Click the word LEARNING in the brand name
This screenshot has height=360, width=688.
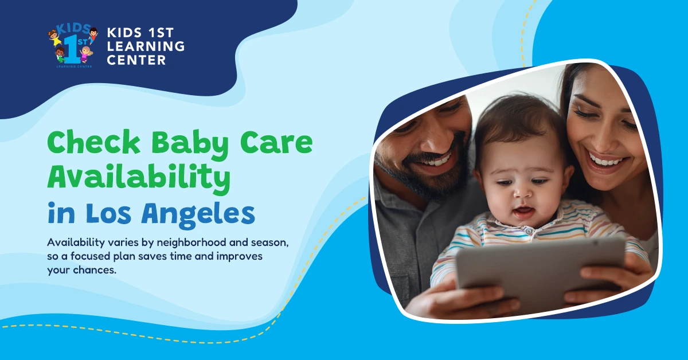[x=146, y=46]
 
